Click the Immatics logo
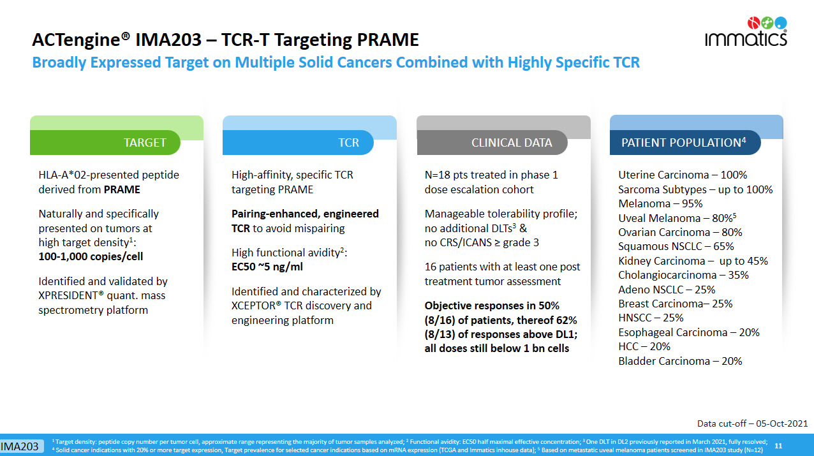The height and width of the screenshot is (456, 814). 746,32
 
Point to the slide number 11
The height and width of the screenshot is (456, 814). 778,446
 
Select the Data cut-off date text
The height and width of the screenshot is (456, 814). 752,423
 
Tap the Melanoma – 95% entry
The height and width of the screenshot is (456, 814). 660,203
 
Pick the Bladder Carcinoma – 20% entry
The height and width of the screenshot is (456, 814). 680,361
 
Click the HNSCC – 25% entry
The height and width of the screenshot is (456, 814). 651,318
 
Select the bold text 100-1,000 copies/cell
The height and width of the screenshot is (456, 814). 91,256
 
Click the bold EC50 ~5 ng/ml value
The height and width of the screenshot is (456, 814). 267,267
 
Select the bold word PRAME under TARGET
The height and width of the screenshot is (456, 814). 122,189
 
